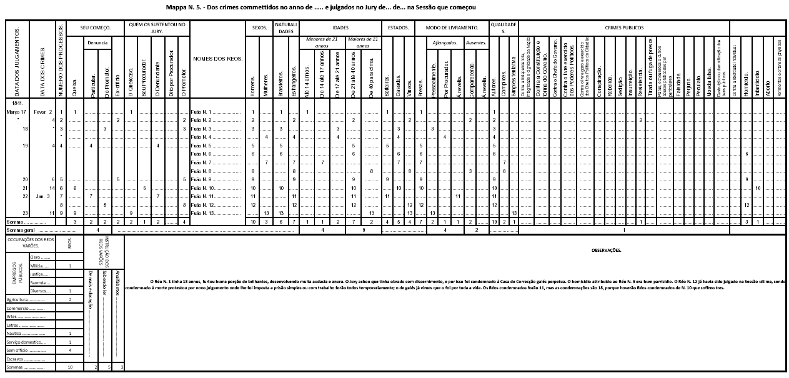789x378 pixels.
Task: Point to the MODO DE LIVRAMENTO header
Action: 452,28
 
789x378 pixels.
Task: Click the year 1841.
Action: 17,102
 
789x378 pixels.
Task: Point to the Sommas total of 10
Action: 70,367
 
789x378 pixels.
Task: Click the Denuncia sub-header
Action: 97,42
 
